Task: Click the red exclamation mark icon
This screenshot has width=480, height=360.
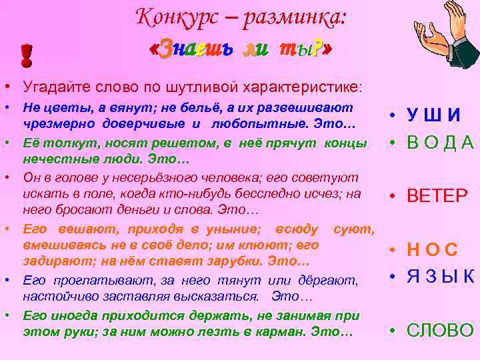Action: tap(27, 56)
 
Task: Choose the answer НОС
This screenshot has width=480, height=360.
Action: tap(433, 251)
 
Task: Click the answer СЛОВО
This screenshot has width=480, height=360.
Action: tap(440, 330)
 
